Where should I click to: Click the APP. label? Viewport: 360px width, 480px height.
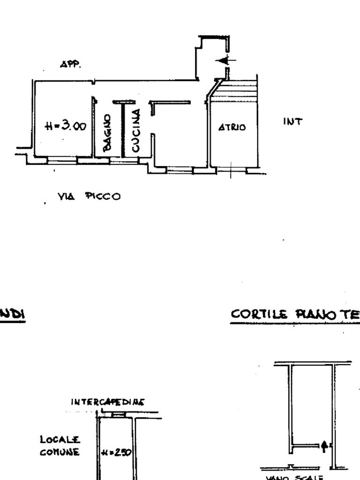(x=70, y=65)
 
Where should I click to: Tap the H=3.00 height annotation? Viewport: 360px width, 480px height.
(x=65, y=126)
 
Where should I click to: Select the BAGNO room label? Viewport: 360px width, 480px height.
(x=107, y=133)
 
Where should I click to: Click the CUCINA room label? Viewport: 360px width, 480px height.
(x=135, y=130)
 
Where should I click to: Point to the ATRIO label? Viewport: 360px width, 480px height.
(x=232, y=127)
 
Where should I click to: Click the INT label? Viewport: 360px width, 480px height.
(x=293, y=121)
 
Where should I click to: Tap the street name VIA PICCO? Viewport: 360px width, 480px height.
(x=89, y=196)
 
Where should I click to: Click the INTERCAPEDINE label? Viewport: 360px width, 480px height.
(x=107, y=402)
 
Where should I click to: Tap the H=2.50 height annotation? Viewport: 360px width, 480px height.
(x=117, y=452)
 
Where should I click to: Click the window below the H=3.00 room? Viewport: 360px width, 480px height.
(x=62, y=161)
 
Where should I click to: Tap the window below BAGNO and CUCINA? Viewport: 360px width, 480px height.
(x=124, y=161)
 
